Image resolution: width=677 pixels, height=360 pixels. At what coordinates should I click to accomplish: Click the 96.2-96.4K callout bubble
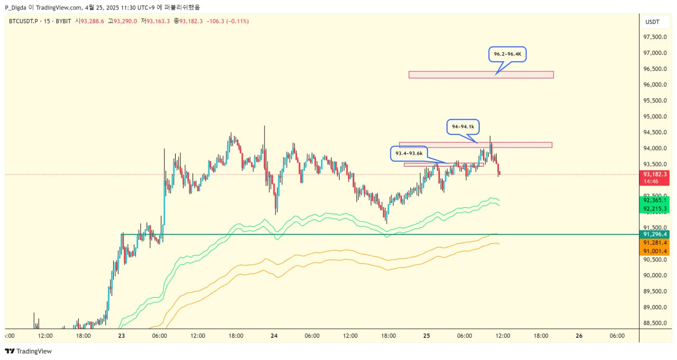pyautogui.click(x=507, y=54)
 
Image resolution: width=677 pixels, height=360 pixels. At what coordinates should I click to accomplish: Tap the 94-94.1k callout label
pyautogui.click(x=463, y=127)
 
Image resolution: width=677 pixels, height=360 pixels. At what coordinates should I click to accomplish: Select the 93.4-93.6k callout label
pyautogui.click(x=409, y=153)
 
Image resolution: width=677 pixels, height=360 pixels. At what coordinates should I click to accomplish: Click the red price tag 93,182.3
pyautogui.click(x=655, y=174)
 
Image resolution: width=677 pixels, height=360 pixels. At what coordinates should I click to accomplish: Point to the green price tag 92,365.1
pyautogui.click(x=654, y=200)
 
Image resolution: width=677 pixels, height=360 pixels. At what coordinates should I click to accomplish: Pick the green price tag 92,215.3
pyautogui.click(x=654, y=209)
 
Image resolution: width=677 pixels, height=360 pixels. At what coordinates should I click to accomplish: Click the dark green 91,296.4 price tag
pyautogui.click(x=655, y=234)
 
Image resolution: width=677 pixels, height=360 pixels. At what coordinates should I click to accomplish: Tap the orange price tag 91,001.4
pyautogui.click(x=654, y=252)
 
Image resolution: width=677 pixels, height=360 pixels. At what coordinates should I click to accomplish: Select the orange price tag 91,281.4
pyautogui.click(x=654, y=243)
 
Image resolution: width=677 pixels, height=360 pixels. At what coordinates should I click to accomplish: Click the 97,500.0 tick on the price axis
pyautogui.click(x=654, y=37)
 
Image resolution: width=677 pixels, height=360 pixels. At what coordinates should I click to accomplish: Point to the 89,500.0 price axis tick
pyautogui.click(x=654, y=291)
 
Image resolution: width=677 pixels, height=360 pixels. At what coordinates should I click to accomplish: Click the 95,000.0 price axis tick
pyautogui.click(x=654, y=116)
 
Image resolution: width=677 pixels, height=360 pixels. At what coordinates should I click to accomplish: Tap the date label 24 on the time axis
pyautogui.click(x=274, y=335)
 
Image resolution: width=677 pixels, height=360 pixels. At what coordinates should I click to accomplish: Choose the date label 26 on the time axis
pyautogui.click(x=579, y=335)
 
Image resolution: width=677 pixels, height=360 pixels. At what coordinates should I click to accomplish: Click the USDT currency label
pyautogui.click(x=652, y=22)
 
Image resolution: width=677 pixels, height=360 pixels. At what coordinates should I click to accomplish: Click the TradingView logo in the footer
pyautogui.click(x=29, y=351)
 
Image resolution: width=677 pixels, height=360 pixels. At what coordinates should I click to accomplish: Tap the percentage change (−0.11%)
pyautogui.click(x=236, y=21)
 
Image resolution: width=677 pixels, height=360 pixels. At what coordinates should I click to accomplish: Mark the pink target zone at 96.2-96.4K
pyautogui.click(x=481, y=75)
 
